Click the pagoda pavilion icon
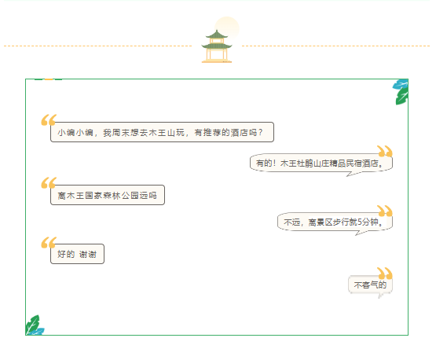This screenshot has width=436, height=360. point(217,46)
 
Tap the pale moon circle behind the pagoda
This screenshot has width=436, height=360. point(227,28)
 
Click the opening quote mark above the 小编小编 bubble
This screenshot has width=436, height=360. point(49,120)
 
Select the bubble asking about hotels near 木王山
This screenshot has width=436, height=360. point(162,132)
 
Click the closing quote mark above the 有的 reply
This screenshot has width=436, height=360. point(385,151)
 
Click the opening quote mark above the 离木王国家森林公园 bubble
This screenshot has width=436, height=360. point(49,183)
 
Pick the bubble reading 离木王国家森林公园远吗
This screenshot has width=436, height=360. point(108,195)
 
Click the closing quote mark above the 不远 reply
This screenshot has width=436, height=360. point(385,211)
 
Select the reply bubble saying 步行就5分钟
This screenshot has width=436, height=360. point(335,222)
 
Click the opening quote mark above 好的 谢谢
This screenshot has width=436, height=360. point(49,242)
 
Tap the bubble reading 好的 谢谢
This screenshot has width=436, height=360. point(77,254)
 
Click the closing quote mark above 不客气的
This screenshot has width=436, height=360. point(385,274)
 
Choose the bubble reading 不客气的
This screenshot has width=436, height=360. point(370,285)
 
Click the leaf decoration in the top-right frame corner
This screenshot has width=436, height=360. point(401,92)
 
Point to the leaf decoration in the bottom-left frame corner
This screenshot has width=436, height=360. point(35,325)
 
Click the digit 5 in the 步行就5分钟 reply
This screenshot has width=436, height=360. point(360,222)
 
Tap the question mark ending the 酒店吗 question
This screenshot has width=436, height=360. point(260,132)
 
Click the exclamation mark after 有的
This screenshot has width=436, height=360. point(274,163)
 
